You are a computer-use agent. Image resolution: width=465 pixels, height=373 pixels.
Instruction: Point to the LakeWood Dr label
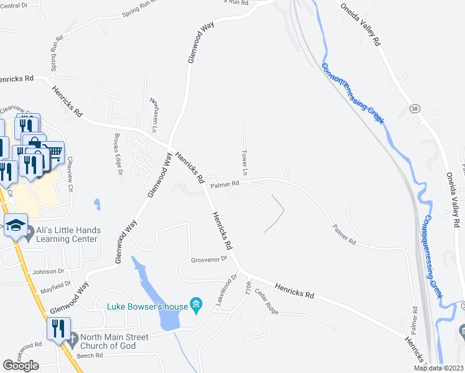coord(226,290)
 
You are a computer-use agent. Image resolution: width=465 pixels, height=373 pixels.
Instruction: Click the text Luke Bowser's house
coord(147,306)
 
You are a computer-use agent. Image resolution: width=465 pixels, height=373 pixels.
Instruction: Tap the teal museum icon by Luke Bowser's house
coord(197,304)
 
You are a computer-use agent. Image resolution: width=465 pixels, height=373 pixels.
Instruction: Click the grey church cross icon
coord(73,341)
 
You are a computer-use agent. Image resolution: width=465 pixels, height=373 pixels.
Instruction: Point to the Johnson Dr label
coord(48,271)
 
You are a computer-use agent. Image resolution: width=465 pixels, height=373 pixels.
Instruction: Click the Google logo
coord(21,366)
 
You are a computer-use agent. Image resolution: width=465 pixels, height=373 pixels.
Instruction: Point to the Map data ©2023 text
coord(439,368)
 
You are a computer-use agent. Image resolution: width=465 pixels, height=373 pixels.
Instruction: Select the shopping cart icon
coord(55,151)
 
